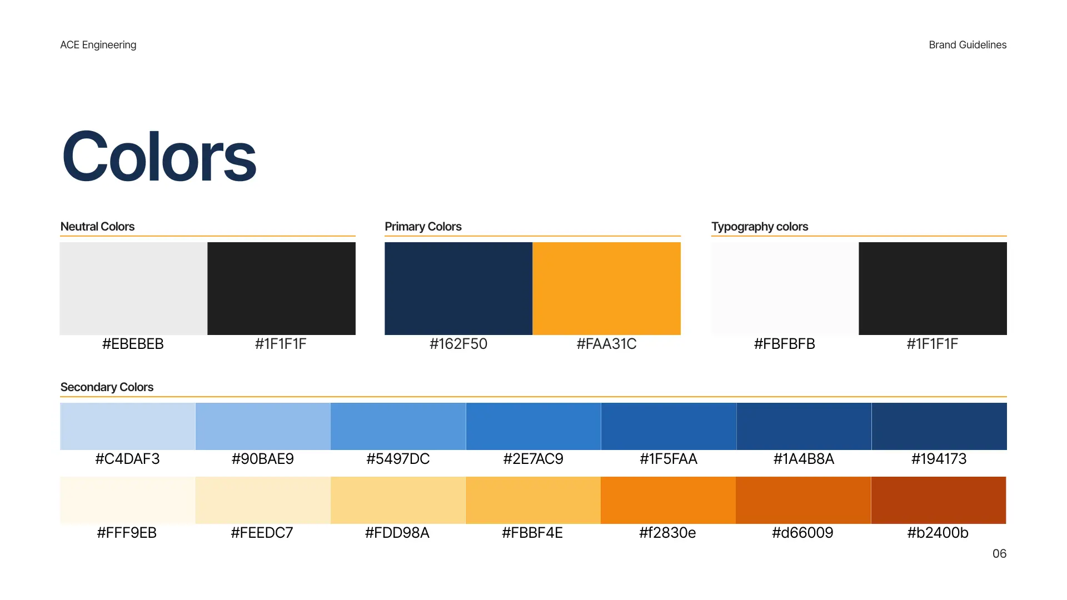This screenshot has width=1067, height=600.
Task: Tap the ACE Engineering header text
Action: tap(98, 45)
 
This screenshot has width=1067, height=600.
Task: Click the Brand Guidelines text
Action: tap(968, 45)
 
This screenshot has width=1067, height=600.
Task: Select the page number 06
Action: tap(999, 553)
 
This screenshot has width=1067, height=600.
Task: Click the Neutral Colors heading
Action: tap(97, 227)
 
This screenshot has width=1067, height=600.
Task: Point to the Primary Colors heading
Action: tap(423, 227)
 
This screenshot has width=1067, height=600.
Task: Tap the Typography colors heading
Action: tap(760, 227)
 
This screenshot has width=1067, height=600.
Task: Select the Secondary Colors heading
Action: tap(107, 387)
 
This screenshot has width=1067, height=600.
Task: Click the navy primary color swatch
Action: tap(458, 288)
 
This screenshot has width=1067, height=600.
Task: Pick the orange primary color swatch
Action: tap(607, 288)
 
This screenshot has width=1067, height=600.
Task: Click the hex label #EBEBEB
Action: tap(133, 344)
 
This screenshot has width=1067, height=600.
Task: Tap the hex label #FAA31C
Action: tap(606, 344)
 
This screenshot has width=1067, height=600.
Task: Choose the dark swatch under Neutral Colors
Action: tap(282, 288)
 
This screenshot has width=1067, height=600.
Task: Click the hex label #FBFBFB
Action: tap(784, 344)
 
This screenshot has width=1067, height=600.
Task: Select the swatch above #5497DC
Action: tap(398, 426)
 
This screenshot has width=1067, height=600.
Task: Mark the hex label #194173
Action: tap(939, 459)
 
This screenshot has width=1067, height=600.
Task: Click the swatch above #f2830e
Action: tap(668, 500)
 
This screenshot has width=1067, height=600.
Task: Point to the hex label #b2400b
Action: tap(938, 533)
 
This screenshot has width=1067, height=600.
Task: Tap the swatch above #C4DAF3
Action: tap(128, 426)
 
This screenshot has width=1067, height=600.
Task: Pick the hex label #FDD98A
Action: tap(397, 533)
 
